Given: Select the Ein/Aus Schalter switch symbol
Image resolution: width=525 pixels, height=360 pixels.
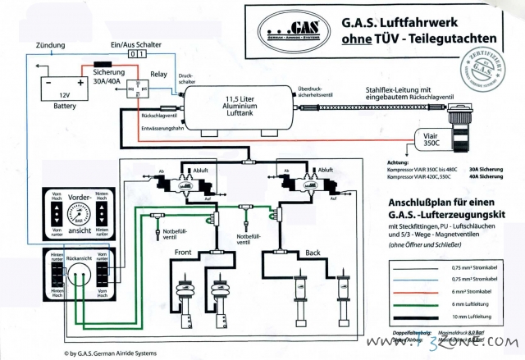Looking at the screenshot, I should pyautogui.click(x=139, y=53).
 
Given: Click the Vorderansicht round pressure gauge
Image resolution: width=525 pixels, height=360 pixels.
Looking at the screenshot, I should pyautogui.click(x=79, y=217).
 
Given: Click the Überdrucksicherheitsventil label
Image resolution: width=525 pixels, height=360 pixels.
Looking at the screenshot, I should pyautogui.click(x=317, y=92).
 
